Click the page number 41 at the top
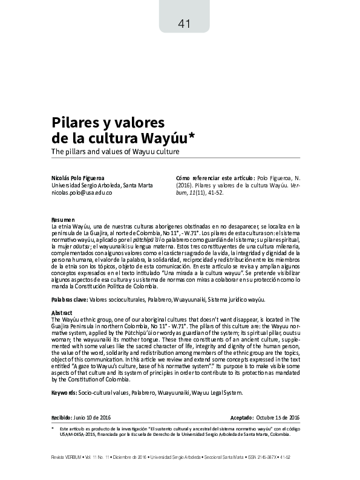coord(185,24)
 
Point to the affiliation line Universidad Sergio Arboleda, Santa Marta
coord(102,185)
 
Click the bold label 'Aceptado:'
coord(247,418)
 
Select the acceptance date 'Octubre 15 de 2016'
coord(283,418)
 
